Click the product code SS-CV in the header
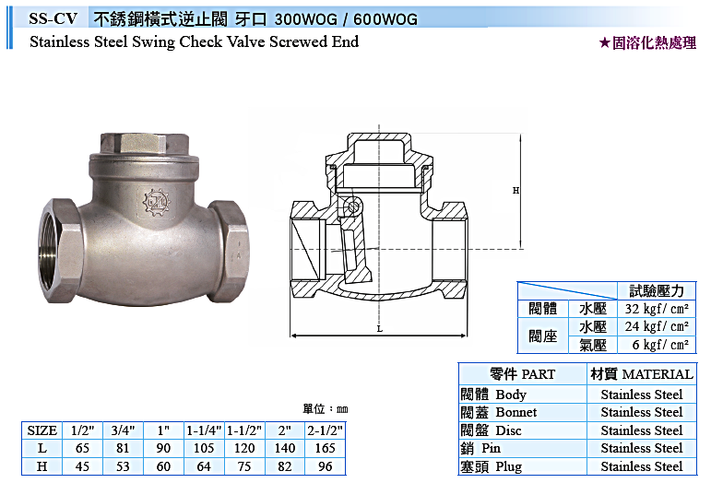(x=53, y=18)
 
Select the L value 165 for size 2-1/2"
(x=326, y=448)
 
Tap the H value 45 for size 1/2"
(x=82, y=466)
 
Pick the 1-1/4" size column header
(x=204, y=430)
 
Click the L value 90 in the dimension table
(x=163, y=448)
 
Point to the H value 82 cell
(x=285, y=466)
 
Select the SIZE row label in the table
(x=41, y=430)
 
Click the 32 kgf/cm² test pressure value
(x=657, y=309)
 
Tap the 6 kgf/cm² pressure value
(x=660, y=345)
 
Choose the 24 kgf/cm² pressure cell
(x=657, y=326)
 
